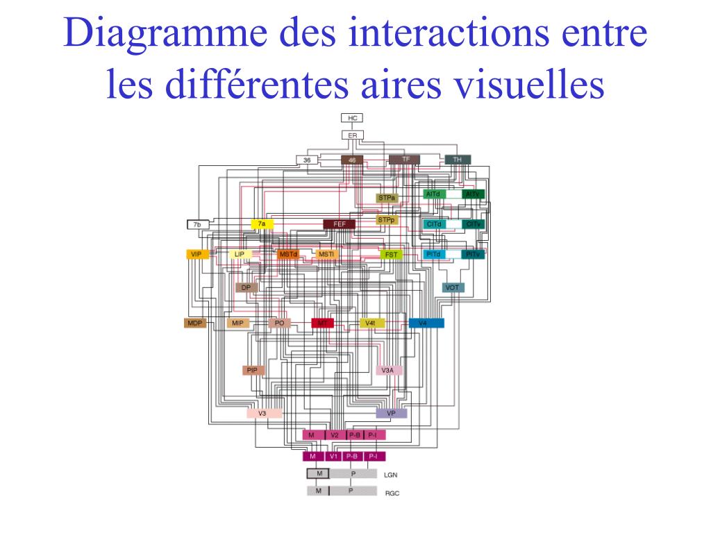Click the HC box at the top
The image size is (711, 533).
[x=352, y=119]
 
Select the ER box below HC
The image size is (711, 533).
[x=352, y=135]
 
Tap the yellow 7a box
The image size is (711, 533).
[x=261, y=224]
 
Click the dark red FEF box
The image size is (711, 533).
[x=340, y=224]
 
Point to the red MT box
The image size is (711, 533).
[x=322, y=323]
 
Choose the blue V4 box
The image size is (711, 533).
[x=426, y=323]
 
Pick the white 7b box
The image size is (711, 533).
[x=198, y=224]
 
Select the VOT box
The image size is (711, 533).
[x=453, y=287]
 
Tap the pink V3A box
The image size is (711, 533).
[x=389, y=371]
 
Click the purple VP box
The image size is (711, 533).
[x=392, y=413]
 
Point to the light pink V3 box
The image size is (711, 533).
[x=264, y=413]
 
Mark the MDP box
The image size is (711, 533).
[x=195, y=323]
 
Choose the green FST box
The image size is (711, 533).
[x=392, y=255]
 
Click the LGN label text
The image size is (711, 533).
[x=391, y=475]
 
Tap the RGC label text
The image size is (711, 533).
[x=392, y=493]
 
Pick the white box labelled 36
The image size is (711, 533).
[x=307, y=160]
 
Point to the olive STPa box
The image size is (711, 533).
[x=387, y=198]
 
